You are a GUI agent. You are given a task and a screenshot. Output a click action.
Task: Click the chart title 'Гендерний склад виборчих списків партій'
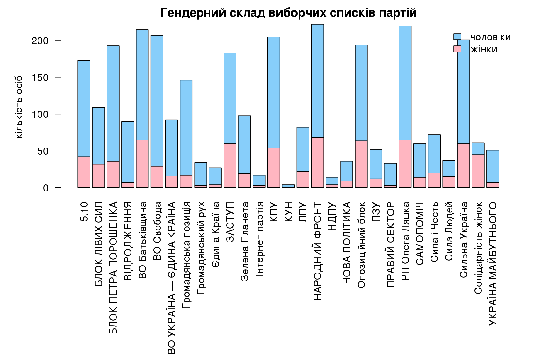(288, 13)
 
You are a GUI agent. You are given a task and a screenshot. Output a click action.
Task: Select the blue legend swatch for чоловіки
(457, 37)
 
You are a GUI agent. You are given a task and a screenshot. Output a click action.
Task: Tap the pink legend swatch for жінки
(457, 49)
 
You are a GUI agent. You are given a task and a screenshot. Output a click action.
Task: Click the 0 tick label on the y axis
(45, 188)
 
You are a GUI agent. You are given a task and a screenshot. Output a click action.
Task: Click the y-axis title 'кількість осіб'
(19, 107)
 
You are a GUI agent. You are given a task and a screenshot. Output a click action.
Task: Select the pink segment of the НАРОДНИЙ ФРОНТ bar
(317, 162)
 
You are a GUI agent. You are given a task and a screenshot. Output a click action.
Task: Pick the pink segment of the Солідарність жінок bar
(478, 171)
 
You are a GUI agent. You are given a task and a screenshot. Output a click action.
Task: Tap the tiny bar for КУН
(288, 186)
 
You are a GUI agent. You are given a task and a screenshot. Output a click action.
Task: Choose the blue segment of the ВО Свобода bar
(157, 101)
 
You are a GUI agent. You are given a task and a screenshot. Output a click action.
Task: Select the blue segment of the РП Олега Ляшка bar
(405, 83)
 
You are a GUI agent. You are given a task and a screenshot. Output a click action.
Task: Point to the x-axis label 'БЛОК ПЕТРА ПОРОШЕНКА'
(113, 267)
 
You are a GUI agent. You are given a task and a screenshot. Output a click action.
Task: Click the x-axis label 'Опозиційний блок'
(361, 245)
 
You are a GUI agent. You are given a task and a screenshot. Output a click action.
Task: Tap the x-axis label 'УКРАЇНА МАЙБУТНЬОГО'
(493, 264)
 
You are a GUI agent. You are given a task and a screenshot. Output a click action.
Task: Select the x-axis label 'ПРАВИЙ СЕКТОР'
(391, 244)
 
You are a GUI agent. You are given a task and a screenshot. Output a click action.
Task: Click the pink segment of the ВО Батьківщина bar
(142, 163)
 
